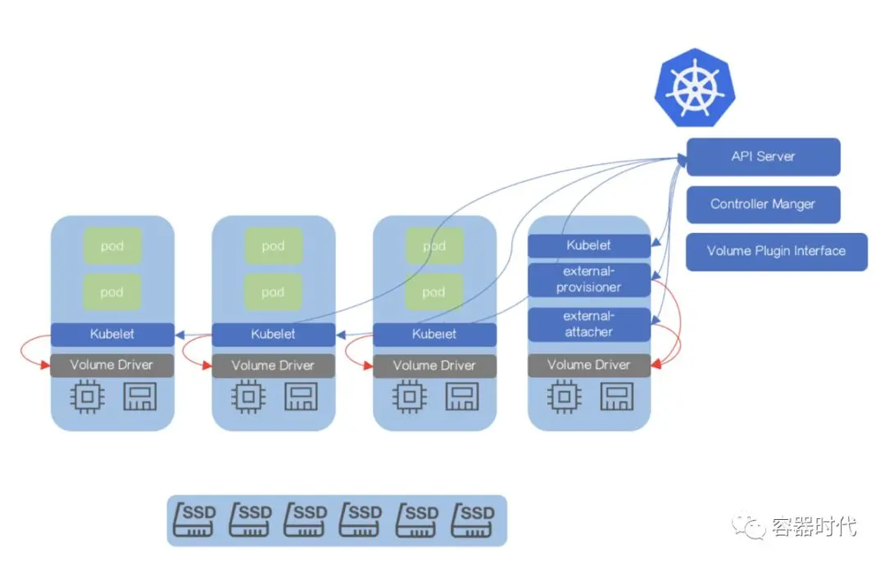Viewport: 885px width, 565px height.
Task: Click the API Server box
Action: [x=763, y=157]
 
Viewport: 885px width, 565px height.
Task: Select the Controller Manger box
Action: [x=763, y=204]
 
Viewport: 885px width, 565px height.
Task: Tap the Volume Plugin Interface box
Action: [x=776, y=251]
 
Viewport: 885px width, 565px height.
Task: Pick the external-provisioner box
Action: [x=588, y=280]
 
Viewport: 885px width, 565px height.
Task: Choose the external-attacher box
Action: [x=588, y=324]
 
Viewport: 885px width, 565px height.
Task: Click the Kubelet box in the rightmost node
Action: [x=588, y=245]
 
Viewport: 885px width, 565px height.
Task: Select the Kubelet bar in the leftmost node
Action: [x=112, y=335]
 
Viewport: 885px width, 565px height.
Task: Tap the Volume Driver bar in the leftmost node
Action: [x=112, y=365]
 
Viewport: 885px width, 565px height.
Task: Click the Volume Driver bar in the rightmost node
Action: [x=588, y=365]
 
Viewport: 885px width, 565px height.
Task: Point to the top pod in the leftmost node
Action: [x=112, y=246]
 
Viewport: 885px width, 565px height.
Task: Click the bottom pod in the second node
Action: [x=273, y=292]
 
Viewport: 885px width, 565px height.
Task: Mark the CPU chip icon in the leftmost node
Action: [x=88, y=398]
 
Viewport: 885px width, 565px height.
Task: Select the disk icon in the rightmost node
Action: [x=616, y=398]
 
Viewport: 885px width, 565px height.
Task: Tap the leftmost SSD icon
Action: [x=197, y=520]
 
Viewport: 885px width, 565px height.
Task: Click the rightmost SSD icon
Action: [x=475, y=520]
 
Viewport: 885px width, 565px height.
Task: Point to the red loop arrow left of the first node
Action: [x=31, y=350]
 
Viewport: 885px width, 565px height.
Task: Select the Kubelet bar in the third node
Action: [x=434, y=335]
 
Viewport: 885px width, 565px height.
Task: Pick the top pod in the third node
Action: [x=434, y=246]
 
